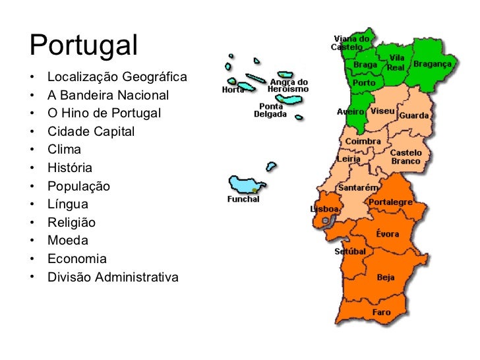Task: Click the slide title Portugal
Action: [84, 45]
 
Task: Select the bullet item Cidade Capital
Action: [91, 131]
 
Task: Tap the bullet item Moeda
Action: [68, 241]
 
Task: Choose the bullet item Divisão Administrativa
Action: [113, 277]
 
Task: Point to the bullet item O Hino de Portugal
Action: [104, 113]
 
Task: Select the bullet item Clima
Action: [64, 150]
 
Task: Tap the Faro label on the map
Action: [381, 312]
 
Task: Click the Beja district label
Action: [386, 277]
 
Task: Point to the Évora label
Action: [387, 234]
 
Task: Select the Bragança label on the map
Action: [433, 64]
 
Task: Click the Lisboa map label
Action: [324, 209]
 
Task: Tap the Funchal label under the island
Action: [243, 199]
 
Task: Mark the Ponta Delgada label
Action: [271, 109]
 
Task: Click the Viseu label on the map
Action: [382, 111]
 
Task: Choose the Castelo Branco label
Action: [406, 156]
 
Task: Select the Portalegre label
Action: [390, 202]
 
